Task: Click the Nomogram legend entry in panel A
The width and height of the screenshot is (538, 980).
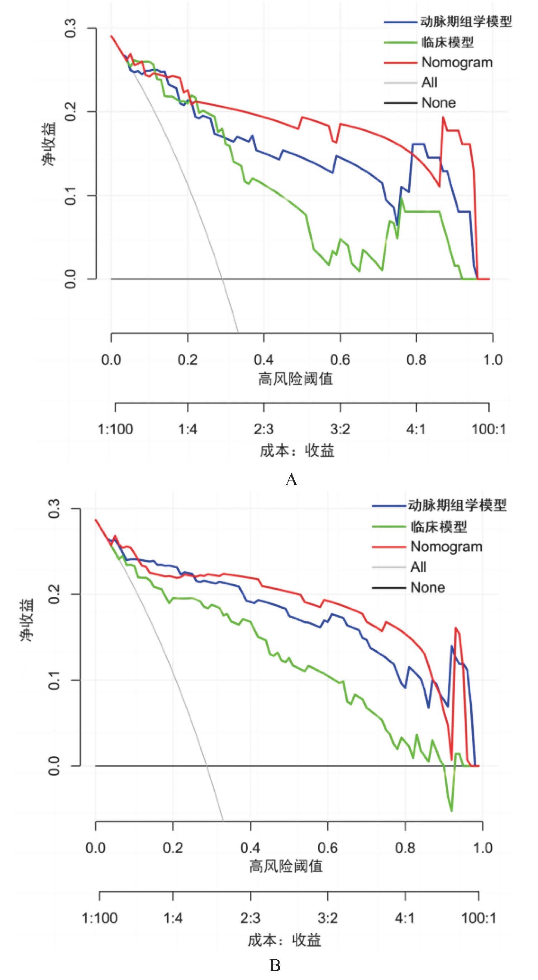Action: [457, 62]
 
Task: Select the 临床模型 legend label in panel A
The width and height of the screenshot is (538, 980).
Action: [447, 42]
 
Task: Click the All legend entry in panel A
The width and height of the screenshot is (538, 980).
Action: [429, 83]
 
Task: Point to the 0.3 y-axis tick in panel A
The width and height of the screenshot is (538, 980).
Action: [71, 29]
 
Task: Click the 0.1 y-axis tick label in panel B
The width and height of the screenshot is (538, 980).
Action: [55, 680]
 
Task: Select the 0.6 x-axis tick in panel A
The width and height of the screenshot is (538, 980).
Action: [340, 359]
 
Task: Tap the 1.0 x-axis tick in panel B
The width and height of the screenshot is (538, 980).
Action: [482, 848]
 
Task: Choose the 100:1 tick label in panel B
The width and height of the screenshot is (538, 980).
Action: [479, 918]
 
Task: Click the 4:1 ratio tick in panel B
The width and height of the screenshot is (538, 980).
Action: [405, 918]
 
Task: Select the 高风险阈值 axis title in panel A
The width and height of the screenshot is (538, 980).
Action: [295, 379]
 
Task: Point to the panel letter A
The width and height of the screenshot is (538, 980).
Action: [291, 480]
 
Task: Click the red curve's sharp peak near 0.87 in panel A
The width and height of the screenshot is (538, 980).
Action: [443, 117]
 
